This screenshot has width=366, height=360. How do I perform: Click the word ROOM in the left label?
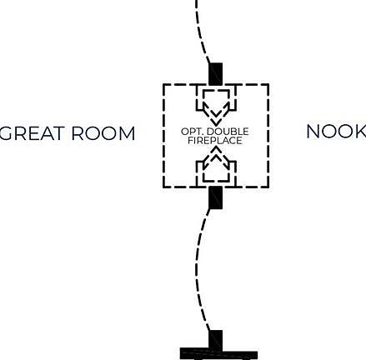click(x=103, y=133)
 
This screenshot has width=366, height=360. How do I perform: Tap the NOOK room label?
click(x=336, y=132)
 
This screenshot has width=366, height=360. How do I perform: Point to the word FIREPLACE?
click(x=215, y=140)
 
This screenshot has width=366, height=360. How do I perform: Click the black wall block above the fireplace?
click(x=216, y=74)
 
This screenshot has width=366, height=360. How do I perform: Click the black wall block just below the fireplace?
click(x=216, y=197)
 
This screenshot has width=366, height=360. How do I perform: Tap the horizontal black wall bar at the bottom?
click(x=218, y=353)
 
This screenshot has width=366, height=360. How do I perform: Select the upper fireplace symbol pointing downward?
click(x=216, y=106)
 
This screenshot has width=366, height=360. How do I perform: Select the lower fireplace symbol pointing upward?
click(x=216, y=166)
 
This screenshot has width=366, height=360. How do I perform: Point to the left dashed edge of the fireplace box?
click(x=163, y=136)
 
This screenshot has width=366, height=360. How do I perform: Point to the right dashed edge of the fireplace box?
click(x=268, y=136)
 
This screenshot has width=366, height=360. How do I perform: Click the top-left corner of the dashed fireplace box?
click(x=163, y=84)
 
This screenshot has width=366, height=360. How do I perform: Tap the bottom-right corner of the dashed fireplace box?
click(x=268, y=187)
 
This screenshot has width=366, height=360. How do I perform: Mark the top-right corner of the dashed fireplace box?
click(x=268, y=84)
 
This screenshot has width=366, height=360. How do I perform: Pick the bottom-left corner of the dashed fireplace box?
click(x=163, y=187)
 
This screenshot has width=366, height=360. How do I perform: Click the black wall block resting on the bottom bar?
click(x=216, y=339)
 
